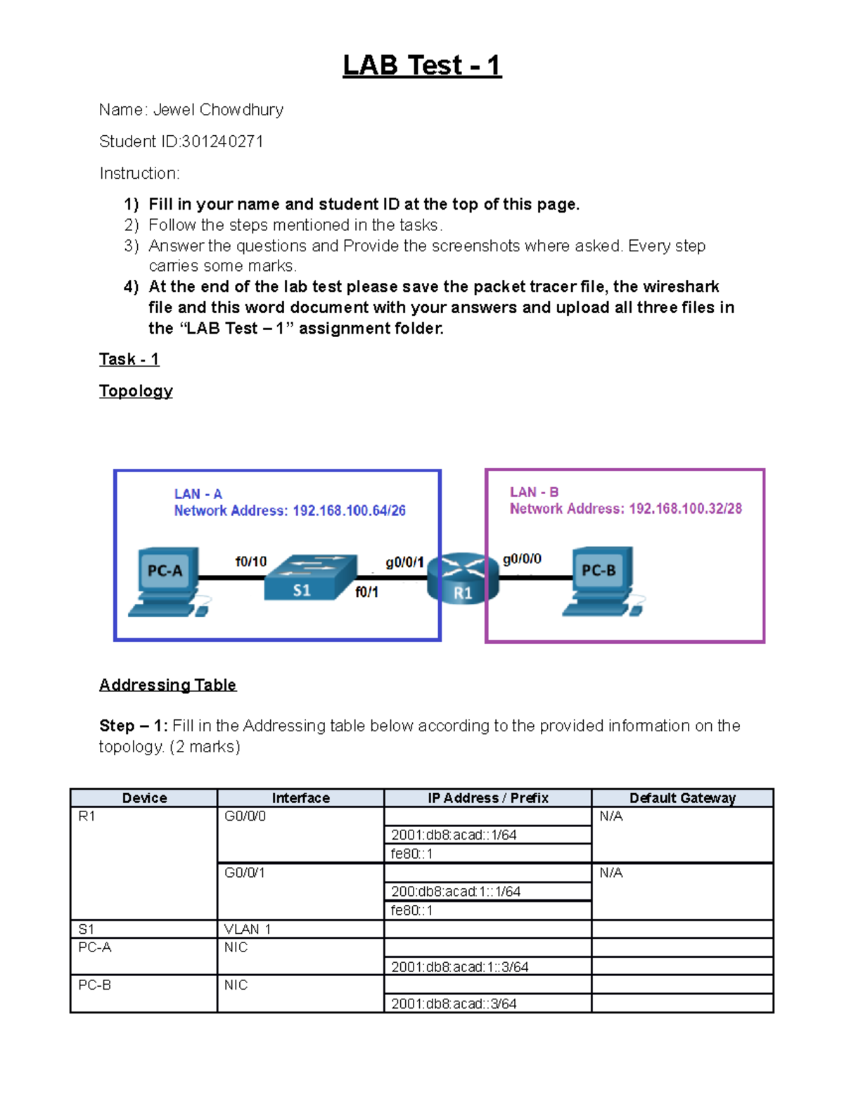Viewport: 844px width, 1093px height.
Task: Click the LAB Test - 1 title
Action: (x=422, y=65)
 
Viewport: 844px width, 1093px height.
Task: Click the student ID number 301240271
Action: (x=222, y=141)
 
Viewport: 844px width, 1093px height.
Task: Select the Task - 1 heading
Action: (x=129, y=360)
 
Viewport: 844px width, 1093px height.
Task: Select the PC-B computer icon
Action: (x=602, y=581)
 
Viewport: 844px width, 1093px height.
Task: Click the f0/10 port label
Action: (x=250, y=562)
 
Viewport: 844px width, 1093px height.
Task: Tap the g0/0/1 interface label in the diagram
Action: (x=404, y=562)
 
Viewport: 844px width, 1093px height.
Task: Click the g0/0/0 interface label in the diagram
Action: (x=522, y=559)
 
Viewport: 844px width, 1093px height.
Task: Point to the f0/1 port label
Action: (x=366, y=592)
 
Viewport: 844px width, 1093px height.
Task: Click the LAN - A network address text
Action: (x=290, y=510)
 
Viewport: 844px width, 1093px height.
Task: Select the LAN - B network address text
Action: (x=625, y=508)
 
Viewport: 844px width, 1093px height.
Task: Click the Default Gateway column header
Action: (x=682, y=798)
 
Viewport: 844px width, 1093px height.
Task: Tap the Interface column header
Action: (x=300, y=798)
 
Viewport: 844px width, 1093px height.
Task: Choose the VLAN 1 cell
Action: (x=248, y=929)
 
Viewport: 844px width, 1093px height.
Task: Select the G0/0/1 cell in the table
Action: (x=245, y=873)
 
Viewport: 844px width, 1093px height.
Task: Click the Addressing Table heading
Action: (x=167, y=685)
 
